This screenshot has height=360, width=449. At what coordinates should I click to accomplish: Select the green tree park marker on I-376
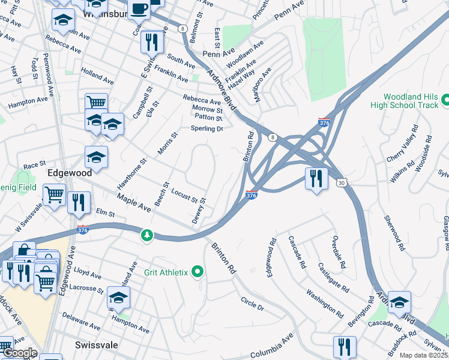[146, 235]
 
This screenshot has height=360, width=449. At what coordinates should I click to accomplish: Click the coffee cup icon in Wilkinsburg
[139, 10]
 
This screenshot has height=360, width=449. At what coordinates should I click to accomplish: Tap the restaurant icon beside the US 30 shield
[315, 178]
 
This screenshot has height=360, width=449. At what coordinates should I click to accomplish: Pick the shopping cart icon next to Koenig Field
[54, 194]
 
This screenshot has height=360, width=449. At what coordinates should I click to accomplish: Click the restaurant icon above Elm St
[79, 203]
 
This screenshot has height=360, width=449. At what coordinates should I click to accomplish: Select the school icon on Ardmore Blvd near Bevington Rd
[399, 302]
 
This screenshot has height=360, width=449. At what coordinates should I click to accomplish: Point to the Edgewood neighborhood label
[70, 172]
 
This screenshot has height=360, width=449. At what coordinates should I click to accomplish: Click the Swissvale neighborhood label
[97, 345]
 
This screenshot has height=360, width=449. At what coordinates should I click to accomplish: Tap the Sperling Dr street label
[206, 128]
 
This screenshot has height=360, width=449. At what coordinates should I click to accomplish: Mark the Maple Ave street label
[133, 202]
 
